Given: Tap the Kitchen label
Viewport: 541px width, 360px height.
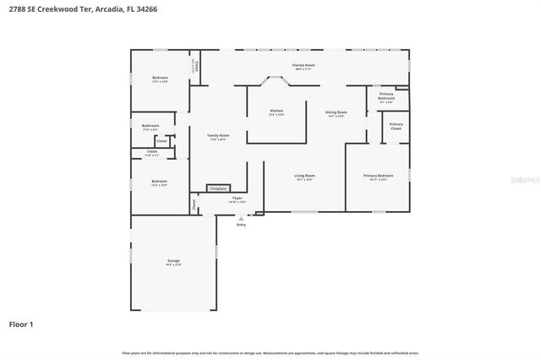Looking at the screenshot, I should click(x=276, y=111).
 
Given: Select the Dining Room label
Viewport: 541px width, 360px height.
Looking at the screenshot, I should click(x=336, y=112).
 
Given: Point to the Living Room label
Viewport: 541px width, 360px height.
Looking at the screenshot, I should click(x=305, y=176).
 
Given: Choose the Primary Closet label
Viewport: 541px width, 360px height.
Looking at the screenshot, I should click(x=396, y=126).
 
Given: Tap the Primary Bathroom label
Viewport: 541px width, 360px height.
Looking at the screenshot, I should click(x=386, y=95).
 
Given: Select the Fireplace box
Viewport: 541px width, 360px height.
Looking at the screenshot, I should click(x=219, y=188).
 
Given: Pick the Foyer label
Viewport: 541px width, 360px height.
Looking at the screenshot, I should click(x=238, y=199).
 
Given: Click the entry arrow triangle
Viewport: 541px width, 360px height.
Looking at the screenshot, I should click(x=241, y=218).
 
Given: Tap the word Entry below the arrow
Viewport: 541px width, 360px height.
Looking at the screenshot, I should click(x=241, y=225).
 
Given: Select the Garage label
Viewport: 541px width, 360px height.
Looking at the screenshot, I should click(x=173, y=261).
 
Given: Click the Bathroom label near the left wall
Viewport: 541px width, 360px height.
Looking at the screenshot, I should click(x=150, y=127).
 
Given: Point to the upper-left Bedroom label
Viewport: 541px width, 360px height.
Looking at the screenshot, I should click(x=160, y=78).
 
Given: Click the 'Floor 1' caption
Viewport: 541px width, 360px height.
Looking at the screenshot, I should click(x=20, y=324).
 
